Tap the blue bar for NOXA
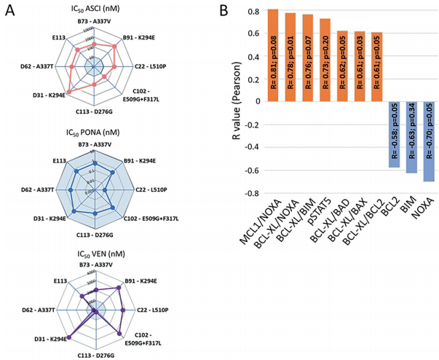point(429,141)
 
